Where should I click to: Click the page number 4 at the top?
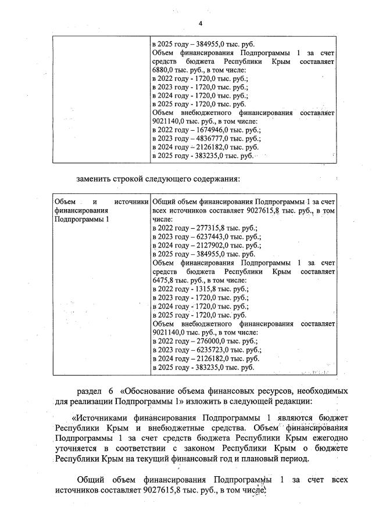(201, 23)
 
